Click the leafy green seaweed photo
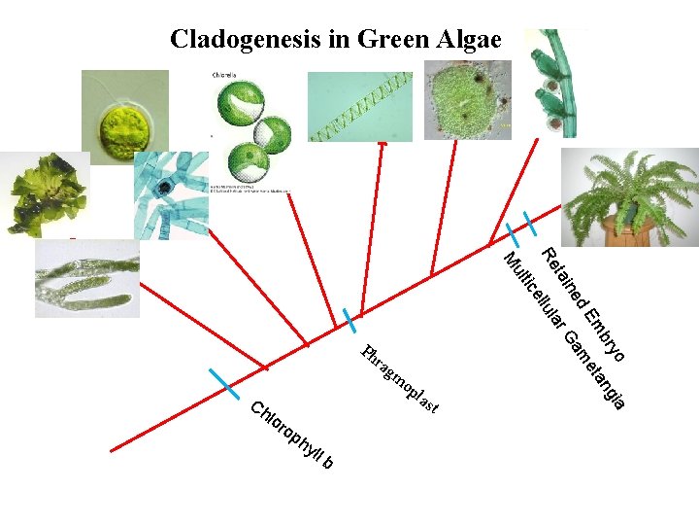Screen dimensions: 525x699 [x=44, y=194]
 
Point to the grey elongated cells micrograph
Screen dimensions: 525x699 [x=86, y=278]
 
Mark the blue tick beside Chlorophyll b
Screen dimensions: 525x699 [x=226, y=382]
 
